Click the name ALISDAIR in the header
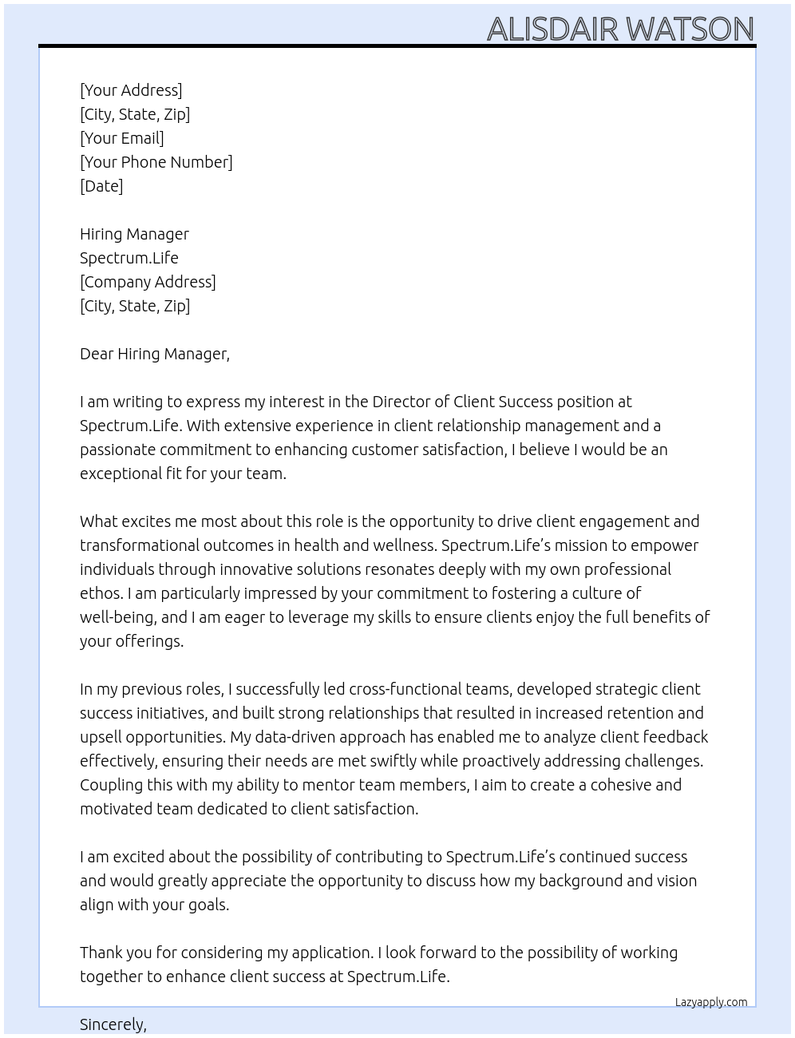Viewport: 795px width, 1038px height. (552, 29)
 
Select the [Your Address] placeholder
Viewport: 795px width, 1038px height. (131, 90)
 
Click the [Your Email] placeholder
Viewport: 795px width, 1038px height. (122, 138)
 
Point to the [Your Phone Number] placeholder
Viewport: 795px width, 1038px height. (156, 162)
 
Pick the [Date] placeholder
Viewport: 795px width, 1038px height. (101, 186)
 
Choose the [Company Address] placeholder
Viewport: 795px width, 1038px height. (148, 282)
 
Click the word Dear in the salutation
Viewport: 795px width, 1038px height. (97, 354)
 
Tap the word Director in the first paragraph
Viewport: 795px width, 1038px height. (403, 402)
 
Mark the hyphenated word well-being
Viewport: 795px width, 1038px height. (119, 617)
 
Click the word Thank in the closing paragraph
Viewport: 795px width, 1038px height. (101, 953)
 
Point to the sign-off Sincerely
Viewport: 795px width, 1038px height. (113, 1024)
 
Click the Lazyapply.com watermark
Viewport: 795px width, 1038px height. (711, 1002)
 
